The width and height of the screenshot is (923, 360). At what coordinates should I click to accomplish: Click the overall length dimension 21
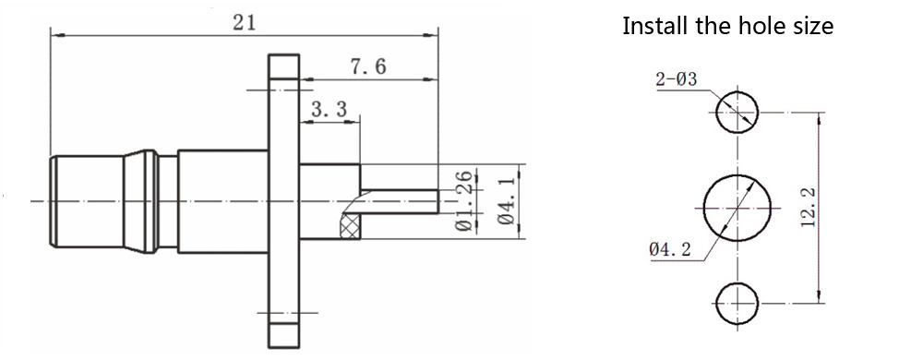coord(244,23)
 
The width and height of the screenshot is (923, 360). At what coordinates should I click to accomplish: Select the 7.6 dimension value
coord(368,66)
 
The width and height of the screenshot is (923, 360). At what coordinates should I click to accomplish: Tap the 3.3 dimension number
coord(330,109)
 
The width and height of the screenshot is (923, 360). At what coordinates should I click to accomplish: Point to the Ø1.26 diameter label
coord(465,201)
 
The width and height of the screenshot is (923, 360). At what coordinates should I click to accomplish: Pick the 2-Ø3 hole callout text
coord(677,78)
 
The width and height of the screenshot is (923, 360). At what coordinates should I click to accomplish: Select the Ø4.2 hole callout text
coord(670,250)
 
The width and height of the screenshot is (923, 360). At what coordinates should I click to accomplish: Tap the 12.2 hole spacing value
coord(808,207)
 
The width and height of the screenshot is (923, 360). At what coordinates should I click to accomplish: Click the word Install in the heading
coord(653,26)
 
